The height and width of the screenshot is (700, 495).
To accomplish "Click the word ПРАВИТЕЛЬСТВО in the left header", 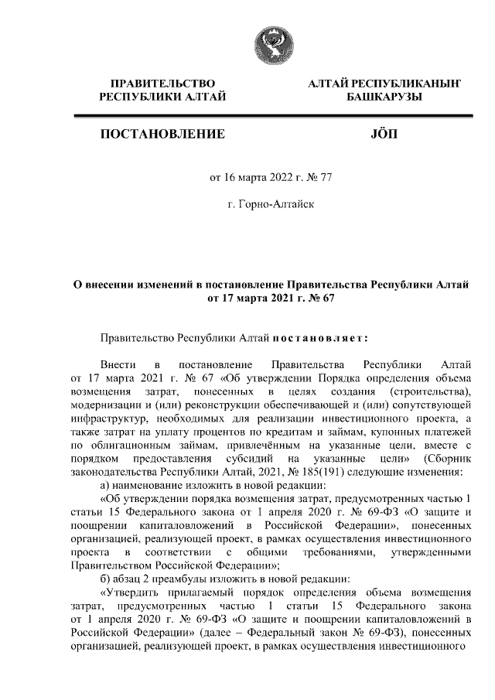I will pos(162,83).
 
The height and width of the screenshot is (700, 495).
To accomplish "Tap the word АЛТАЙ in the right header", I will pos(328,83).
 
